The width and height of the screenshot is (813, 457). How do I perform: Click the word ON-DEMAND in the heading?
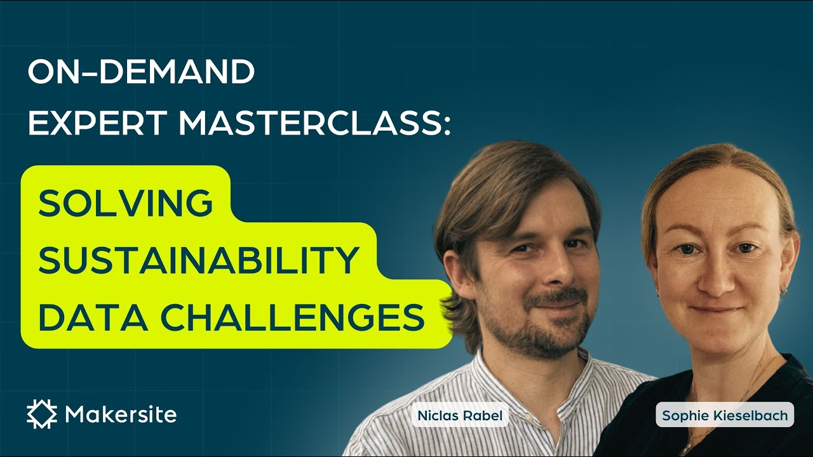tap(141, 74)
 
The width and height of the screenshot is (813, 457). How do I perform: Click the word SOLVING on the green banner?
tap(126, 203)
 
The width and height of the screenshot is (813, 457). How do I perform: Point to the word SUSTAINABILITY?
tap(199, 260)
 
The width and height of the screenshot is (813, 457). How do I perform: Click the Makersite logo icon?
tap(42, 414)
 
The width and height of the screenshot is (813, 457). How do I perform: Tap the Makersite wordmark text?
tap(121, 415)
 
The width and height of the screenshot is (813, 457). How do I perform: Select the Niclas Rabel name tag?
tap(460, 416)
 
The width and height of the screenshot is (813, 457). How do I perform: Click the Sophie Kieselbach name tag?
tap(725, 416)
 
